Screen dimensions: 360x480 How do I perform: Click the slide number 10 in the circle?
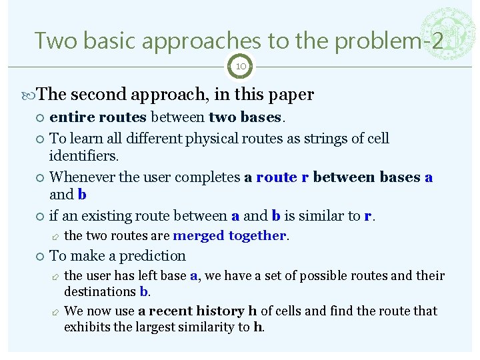point(240,67)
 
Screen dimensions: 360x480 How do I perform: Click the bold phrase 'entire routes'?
point(98,118)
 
